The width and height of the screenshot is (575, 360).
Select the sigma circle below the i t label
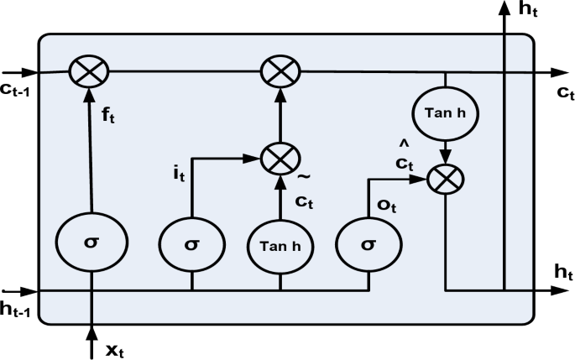tap(192, 243)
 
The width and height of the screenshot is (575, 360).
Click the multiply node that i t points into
tap(278, 157)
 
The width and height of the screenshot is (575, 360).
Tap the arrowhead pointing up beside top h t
tap(504, 8)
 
